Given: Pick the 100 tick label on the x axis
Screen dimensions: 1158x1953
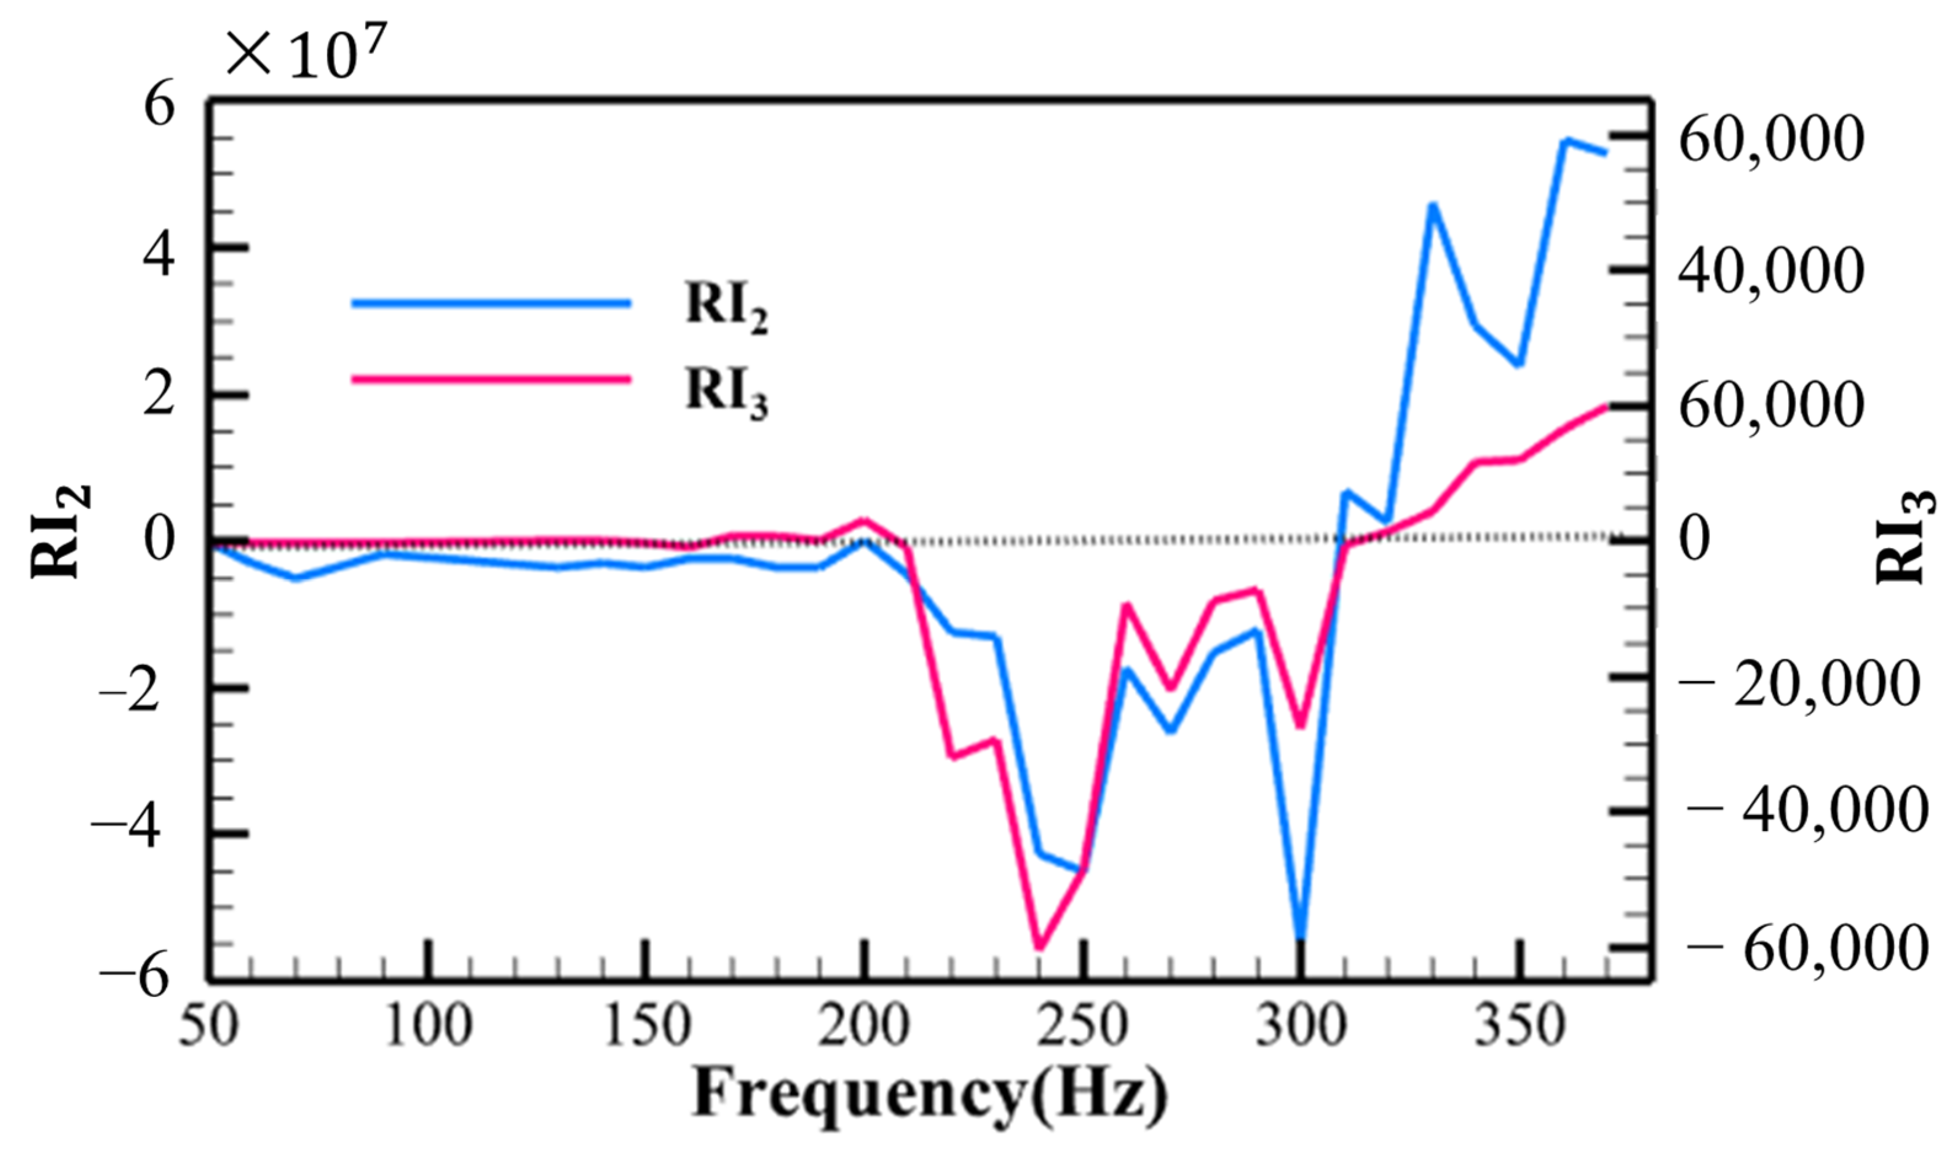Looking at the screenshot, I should tap(429, 1025).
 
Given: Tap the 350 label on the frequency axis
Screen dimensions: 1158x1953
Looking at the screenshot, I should tap(1519, 1025).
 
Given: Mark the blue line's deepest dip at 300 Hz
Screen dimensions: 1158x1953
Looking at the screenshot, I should tap(1301, 936).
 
